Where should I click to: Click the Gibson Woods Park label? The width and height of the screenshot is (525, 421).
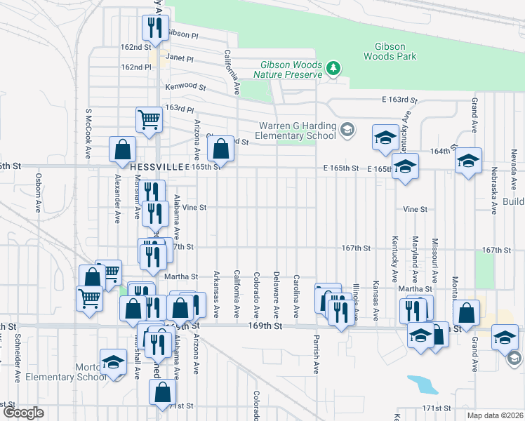click(x=391, y=51)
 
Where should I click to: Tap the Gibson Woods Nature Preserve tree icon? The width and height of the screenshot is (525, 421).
click(x=335, y=68)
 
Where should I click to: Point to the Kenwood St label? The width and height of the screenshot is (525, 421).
click(x=185, y=87)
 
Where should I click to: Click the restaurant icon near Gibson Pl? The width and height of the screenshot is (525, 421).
click(x=154, y=27)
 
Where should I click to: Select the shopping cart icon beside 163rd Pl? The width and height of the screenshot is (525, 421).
click(x=149, y=120)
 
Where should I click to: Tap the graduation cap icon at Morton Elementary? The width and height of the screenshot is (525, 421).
click(x=113, y=361)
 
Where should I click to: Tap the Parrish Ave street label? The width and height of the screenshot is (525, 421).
click(x=316, y=358)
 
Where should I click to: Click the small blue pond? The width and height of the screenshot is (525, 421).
click(x=422, y=385)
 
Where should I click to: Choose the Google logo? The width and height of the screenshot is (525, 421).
click(x=23, y=413)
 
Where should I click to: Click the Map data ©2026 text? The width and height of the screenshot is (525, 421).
click(x=495, y=415)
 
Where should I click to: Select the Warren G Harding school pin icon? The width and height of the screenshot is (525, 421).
click(x=347, y=130)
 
